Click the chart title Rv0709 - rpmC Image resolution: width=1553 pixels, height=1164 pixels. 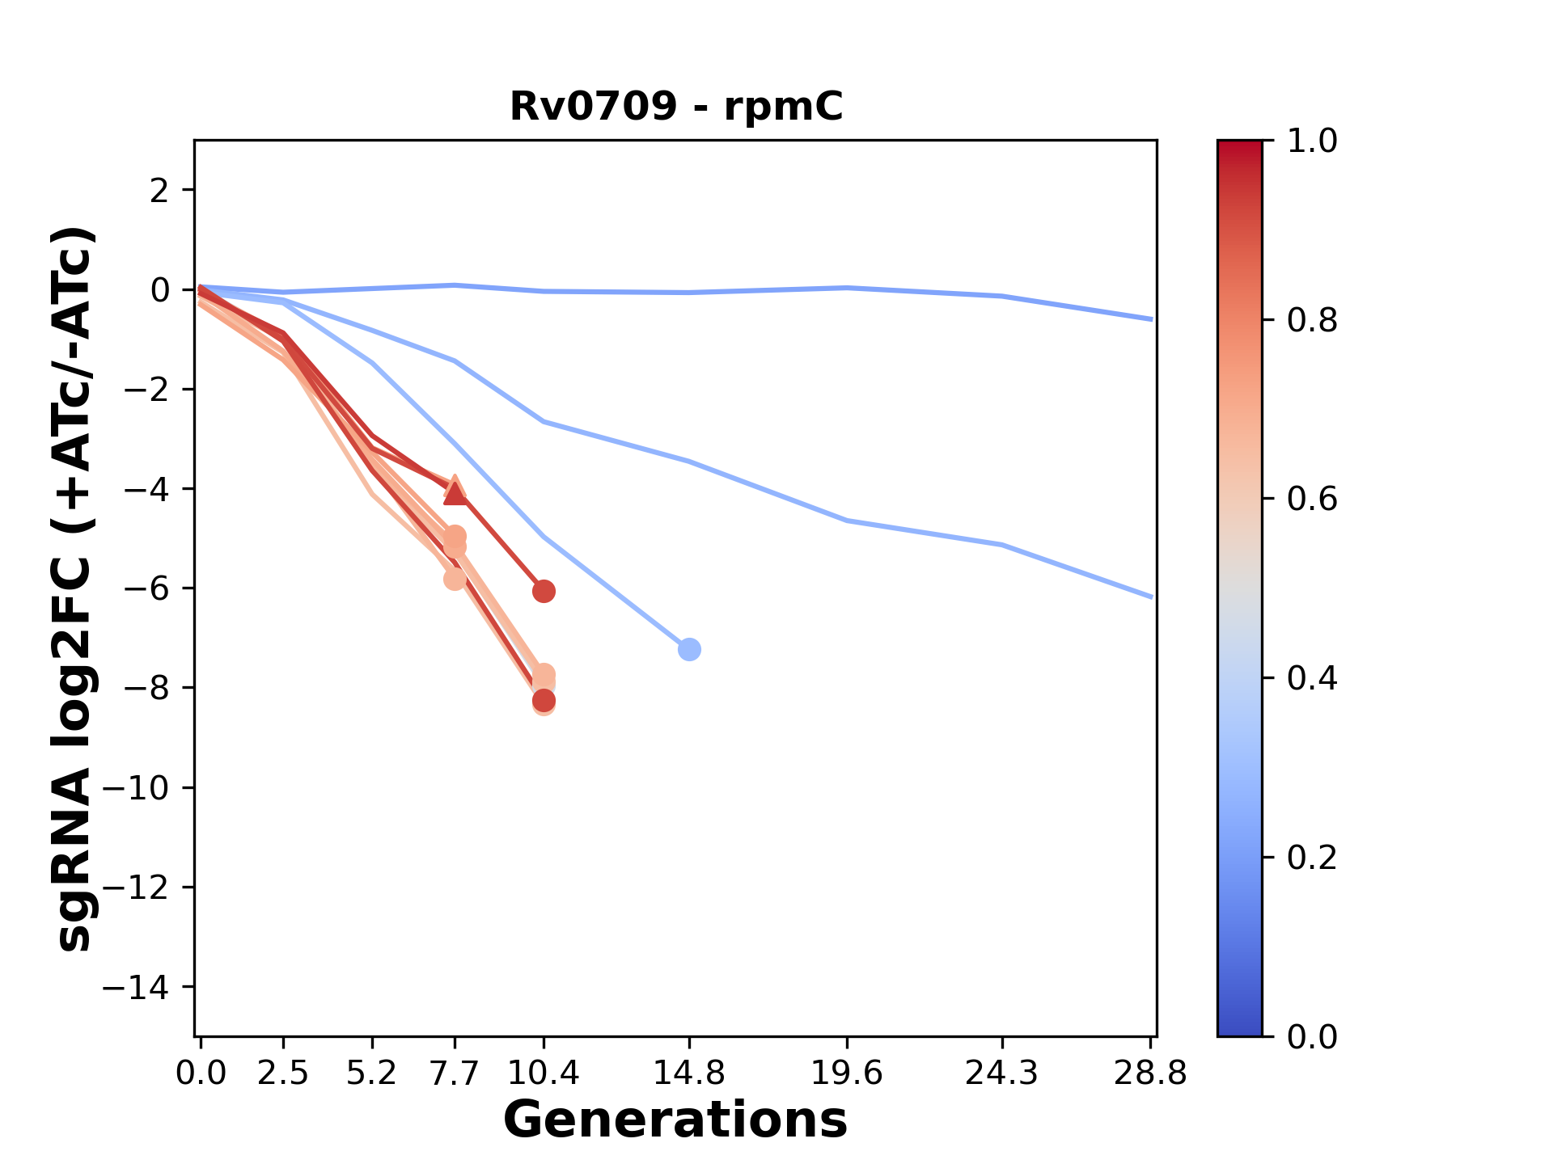click(676, 106)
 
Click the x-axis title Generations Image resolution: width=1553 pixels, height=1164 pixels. click(675, 1120)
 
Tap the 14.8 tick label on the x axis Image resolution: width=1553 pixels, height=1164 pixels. click(688, 1073)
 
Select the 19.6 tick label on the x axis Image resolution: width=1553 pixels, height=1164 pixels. click(847, 1073)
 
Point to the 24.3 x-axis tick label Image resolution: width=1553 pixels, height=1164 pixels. click(1001, 1073)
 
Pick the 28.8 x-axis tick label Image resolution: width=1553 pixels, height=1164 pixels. click(1149, 1073)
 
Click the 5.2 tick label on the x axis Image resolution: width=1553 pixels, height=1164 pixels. click(371, 1073)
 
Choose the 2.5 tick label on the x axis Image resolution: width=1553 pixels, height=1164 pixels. click(283, 1073)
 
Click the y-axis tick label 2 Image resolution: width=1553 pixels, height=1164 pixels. click(160, 191)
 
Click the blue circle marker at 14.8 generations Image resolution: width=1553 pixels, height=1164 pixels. click(689, 649)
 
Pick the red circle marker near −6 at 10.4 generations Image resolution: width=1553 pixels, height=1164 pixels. click(544, 591)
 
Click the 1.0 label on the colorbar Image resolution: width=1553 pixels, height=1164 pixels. click(1312, 141)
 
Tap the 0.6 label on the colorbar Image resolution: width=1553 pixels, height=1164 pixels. click(1312, 499)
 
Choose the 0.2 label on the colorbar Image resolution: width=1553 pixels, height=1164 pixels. click(1312, 857)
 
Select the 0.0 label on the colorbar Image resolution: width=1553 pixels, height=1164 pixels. click(1312, 1036)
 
